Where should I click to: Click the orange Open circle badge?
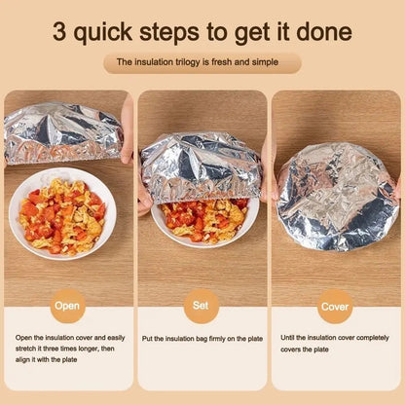tap(67, 305)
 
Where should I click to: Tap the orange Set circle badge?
tap(202, 305)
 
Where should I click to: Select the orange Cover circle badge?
tap(335, 305)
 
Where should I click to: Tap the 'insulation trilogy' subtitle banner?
tap(202, 61)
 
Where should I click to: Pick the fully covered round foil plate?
tap(336, 195)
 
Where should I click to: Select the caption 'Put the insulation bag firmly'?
tap(202, 338)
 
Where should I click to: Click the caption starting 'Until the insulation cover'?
tap(335, 343)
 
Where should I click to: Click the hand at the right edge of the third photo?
tap(396, 185)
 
